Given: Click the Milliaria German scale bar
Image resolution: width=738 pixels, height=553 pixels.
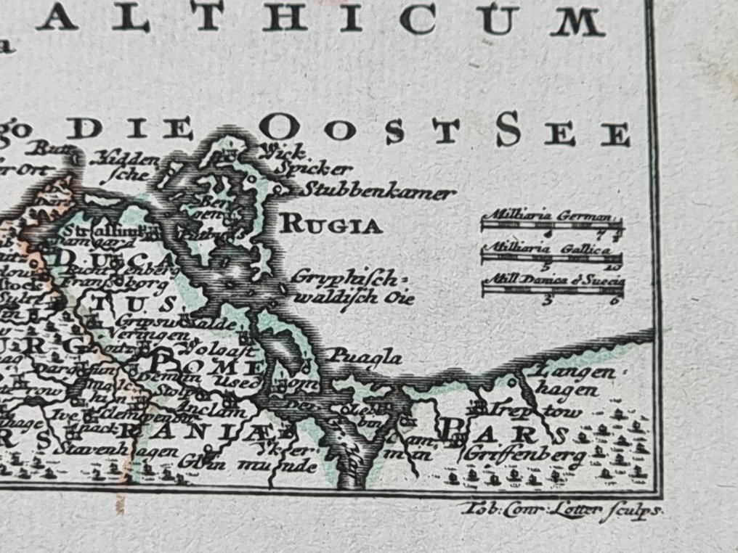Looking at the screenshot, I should pyautogui.click(x=552, y=224).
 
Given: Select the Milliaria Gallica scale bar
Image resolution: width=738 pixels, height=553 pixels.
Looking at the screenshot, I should pyautogui.click(x=552, y=257).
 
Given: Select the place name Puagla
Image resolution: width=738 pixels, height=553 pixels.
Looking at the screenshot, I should pyautogui.click(x=366, y=356).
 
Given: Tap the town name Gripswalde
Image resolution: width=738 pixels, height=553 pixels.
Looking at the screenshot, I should pyautogui.click(x=151, y=319).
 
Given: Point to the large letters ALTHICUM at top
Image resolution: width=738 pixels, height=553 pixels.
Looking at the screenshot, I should pyautogui.click(x=320, y=20).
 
